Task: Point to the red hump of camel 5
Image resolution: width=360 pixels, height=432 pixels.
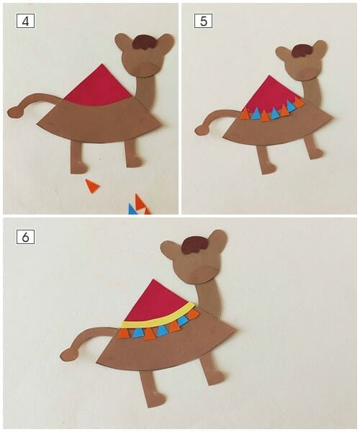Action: coord(271,94)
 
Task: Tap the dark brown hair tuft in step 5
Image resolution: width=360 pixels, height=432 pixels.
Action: coord(302,50)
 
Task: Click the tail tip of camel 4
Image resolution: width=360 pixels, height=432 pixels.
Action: coord(14,112)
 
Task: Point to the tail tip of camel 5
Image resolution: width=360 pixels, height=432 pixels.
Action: coord(201,130)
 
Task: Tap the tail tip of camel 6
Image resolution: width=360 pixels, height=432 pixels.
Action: coord(68,355)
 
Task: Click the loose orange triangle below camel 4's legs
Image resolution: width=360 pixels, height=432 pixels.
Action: coord(91,186)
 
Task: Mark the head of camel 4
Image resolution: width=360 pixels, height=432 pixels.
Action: coord(146,58)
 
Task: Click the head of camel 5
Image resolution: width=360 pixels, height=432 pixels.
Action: coord(303,65)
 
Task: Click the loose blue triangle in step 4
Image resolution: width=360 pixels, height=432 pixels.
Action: coord(132,210)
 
